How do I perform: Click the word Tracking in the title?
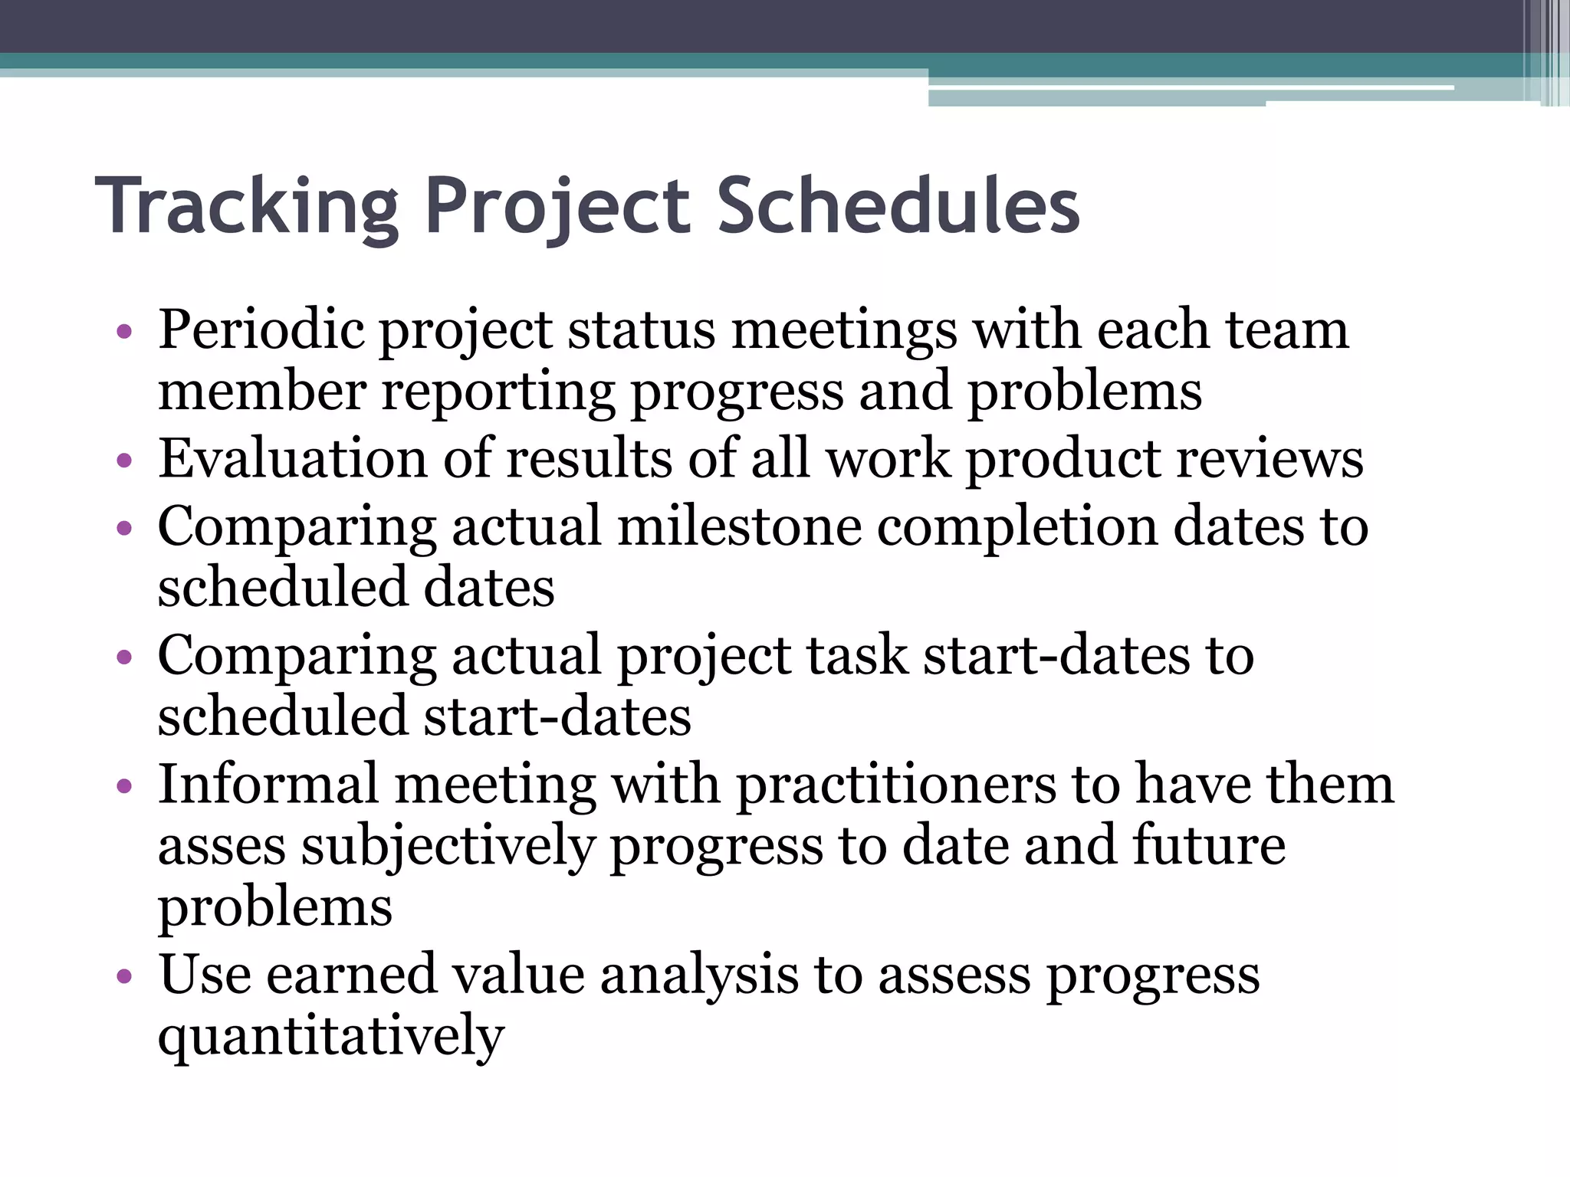coord(247,205)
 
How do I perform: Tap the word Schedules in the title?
coord(898,205)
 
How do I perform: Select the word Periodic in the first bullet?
coord(261,329)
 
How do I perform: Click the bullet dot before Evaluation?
coord(124,461)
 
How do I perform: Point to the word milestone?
coord(739,527)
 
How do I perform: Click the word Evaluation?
coord(292,459)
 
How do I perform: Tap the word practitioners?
coord(895,786)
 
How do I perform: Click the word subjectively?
coord(448,848)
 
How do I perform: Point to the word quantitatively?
coord(331,1036)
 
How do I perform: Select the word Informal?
coord(268,785)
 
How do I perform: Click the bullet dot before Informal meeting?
coord(124,787)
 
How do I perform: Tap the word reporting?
coord(498,392)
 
